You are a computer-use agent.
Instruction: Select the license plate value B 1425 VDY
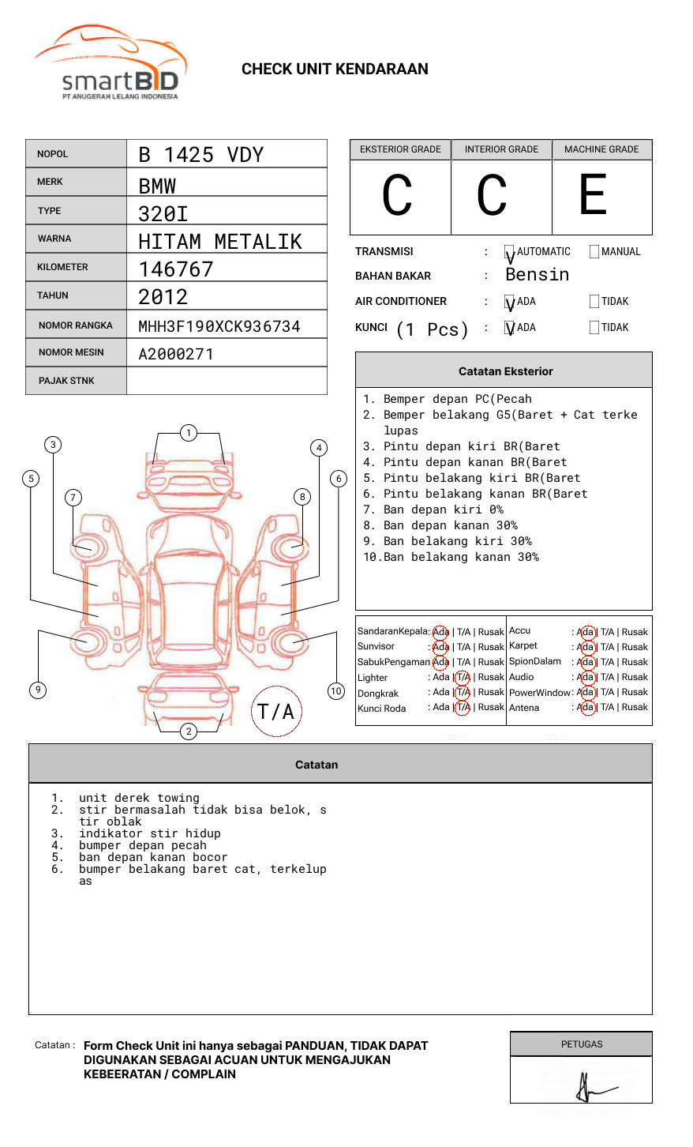[x=200, y=155]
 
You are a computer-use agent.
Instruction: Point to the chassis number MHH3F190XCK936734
[x=219, y=326]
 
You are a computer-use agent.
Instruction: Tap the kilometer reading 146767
[x=176, y=269]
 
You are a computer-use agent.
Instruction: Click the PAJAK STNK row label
[x=66, y=381]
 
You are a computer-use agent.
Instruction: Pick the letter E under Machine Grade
[x=593, y=195]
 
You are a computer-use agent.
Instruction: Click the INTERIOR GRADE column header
[x=501, y=149]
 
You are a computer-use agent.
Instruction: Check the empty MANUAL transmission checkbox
[x=594, y=251]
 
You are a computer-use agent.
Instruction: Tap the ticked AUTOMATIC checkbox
[x=510, y=253]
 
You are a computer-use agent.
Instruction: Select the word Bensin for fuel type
[x=537, y=275]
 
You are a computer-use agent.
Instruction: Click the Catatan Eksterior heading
[x=505, y=371]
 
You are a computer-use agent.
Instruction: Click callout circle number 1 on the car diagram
[x=188, y=432]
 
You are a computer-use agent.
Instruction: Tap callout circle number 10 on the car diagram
[x=336, y=691]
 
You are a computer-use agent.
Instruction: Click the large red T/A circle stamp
[x=276, y=711]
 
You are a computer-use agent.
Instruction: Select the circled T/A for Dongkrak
[x=463, y=692]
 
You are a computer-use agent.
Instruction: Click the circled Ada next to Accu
[x=586, y=632]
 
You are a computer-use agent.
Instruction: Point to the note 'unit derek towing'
[x=139, y=798]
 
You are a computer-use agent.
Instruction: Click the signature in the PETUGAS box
[x=592, y=1088]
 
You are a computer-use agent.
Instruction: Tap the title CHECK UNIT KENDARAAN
[x=335, y=70]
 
